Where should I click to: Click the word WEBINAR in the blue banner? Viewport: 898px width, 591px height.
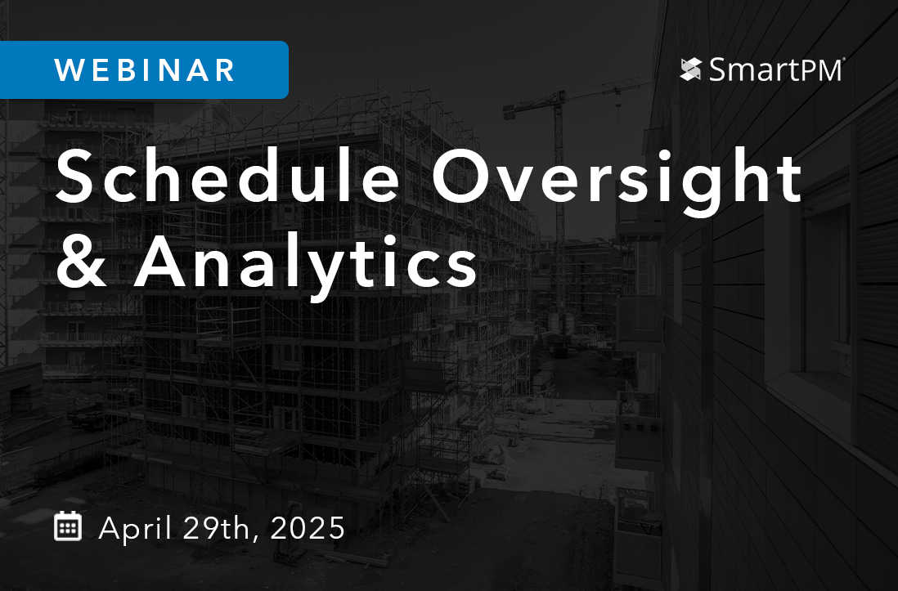(145, 70)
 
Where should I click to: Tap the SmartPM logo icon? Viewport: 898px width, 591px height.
(691, 69)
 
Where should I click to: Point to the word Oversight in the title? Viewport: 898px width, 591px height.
(617, 178)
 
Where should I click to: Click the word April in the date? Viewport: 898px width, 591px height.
(135, 528)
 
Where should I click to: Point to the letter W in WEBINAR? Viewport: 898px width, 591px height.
(69, 70)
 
